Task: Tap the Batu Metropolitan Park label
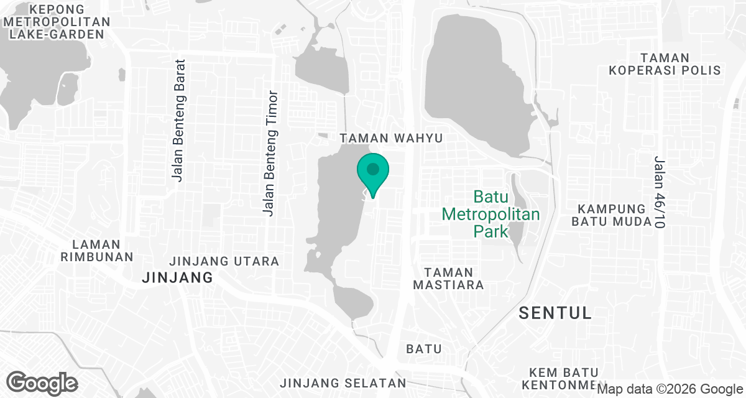coord(490,215)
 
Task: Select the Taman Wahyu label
coord(392,138)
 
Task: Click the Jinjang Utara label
coord(224,261)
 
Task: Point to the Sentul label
coord(555,313)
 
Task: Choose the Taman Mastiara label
coord(448,279)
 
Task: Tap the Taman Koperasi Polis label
coord(665,64)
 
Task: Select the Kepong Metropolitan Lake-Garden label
coord(57,22)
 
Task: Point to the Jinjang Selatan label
coord(343,382)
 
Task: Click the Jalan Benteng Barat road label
coord(179,120)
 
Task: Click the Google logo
coord(42,382)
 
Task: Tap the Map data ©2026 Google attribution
coord(670,389)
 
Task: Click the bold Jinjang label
coord(177,277)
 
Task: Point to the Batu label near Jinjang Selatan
coord(424,349)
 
